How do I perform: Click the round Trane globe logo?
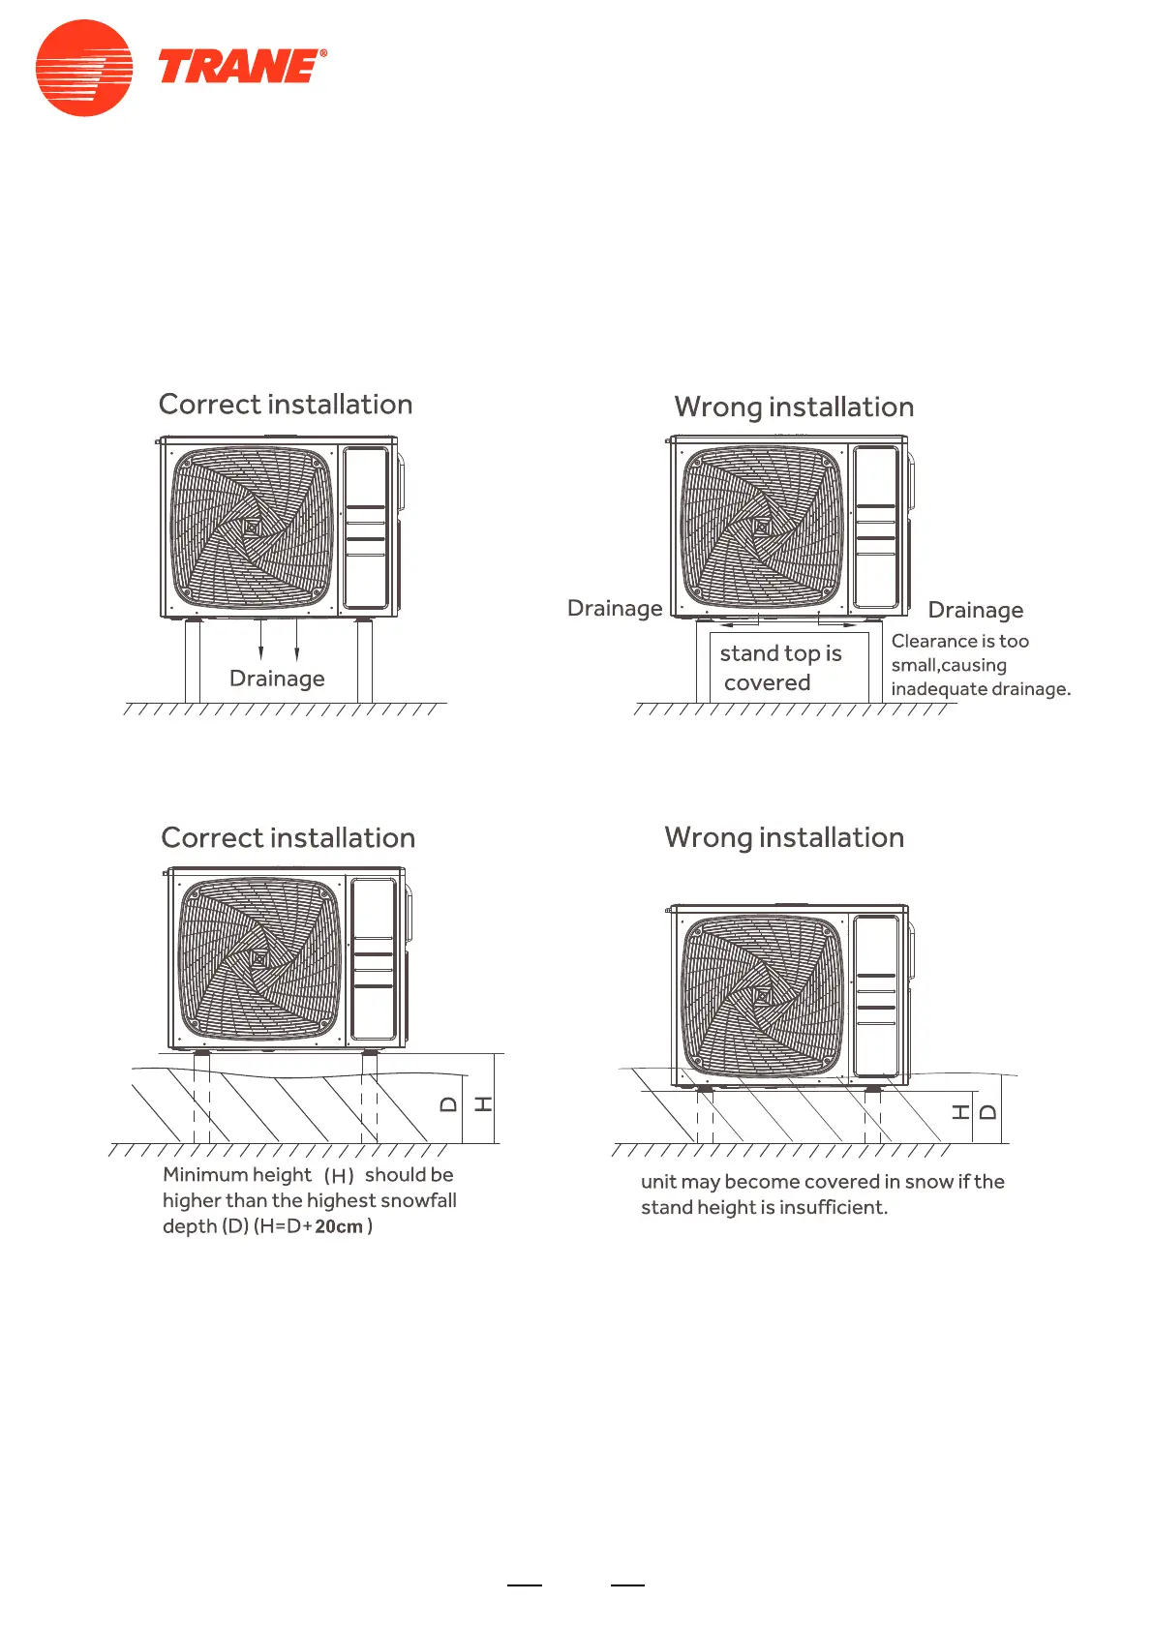84,68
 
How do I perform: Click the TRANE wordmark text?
241,67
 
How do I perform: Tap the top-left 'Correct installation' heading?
286,405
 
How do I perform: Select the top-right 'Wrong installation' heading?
794,407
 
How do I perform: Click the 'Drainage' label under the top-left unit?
277,679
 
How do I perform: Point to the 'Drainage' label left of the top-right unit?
615,609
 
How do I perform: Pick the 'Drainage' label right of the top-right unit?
975,611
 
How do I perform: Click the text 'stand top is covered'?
779,668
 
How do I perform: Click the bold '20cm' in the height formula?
339,1227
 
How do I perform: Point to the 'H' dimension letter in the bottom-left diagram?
483,1104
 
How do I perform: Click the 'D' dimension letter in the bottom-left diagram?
448,1104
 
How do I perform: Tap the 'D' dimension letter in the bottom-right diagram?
986,1112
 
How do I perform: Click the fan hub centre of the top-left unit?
252,528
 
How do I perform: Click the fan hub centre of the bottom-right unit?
762,996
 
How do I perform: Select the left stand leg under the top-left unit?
193,661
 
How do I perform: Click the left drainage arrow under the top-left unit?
261,640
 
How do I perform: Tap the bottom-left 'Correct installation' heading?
288,838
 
